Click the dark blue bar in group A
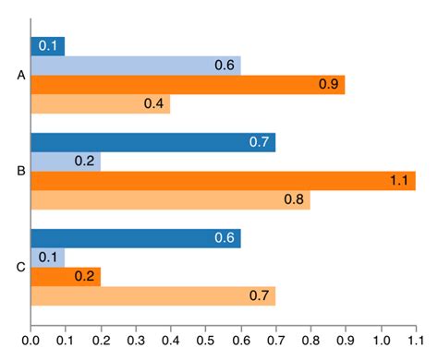tap(48, 46)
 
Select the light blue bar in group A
tap(136, 66)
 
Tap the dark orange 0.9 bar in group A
tap(188, 85)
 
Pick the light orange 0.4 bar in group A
tap(101, 103)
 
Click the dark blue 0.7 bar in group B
tap(153, 142)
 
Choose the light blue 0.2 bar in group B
tap(66, 162)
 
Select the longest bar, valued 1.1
tap(223, 181)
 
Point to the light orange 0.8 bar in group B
tap(171, 200)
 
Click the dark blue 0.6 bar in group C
tap(136, 238)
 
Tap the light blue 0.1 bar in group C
tap(48, 258)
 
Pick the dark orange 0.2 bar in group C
tap(66, 277)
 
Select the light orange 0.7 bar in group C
tap(153, 296)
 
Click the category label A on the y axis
tap(21, 75)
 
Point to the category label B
tap(21, 171)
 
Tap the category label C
tap(21, 268)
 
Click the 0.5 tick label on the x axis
tap(206, 340)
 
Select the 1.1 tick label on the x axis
tap(415, 340)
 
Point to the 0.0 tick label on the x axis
tap(31, 340)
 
